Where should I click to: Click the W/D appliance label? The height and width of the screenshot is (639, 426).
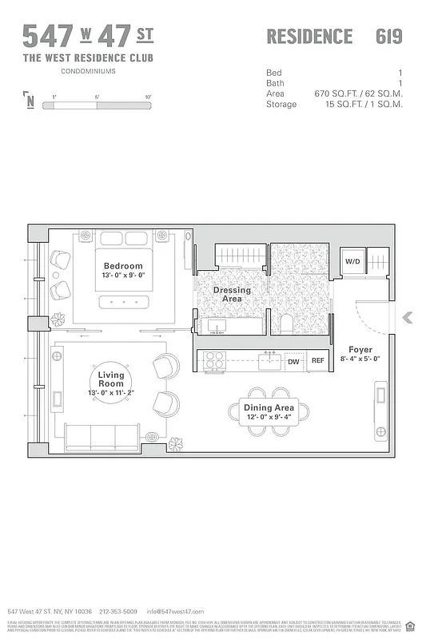pyautogui.click(x=352, y=261)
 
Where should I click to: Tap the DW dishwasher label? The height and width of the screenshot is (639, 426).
pyautogui.click(x=293, y=361)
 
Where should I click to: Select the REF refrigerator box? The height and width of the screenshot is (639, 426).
pyautogui.click(x=317, y=361)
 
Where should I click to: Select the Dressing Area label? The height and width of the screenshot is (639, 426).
pyautogui.click(x=232, y=294)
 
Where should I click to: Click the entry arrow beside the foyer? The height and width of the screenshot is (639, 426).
pyautogui.click(x=407, y=318)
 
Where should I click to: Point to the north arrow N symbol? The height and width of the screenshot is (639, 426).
pyautogui.click(x=30, y=101)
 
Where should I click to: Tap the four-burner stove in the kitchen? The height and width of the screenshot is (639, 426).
pyautogui.click(x=214, y=361)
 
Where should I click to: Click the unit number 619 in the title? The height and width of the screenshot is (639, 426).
pyautogui.click(x=388, y=37)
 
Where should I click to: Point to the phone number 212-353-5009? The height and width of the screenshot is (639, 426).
pyautogui.click(x=118, y=611)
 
